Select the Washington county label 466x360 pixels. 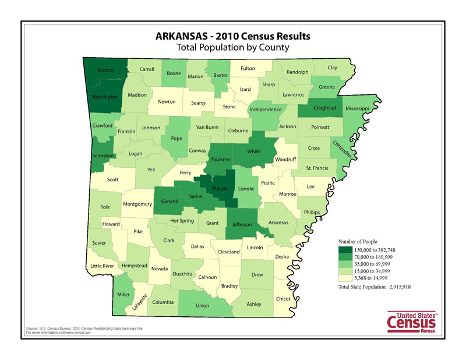click(x=105, y=97)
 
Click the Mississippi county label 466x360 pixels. click(x=357, y=109)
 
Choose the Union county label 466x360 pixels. click(x=202, y=306)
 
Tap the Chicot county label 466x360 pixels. click(x=283, y=299)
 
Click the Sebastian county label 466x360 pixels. click(x=103, y=156)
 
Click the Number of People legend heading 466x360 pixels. click(x=362, y=241)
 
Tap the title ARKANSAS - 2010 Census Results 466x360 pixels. click(x=233, y=36)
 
